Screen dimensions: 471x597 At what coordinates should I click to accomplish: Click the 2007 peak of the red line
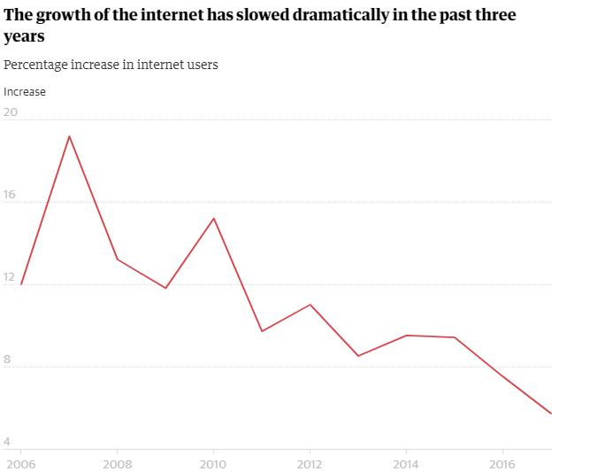(69, 136)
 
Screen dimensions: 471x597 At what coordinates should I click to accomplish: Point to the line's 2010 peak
(213, 218)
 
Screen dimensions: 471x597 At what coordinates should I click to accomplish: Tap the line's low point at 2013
(357, 356)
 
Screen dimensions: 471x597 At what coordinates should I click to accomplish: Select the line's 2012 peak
(310, 305)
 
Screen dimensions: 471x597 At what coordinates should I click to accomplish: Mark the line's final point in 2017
(551, 413)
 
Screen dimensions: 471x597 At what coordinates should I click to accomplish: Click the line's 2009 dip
(165, 288)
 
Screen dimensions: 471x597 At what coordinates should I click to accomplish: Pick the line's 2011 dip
(262, 331)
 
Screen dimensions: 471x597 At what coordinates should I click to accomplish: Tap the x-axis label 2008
(117, 463)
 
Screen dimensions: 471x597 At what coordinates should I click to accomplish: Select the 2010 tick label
(213, 463)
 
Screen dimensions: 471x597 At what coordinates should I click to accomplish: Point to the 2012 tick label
(310, 463)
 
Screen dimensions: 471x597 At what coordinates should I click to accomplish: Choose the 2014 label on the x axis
(406, 463)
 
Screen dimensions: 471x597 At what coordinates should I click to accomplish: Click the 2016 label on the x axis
(502, 463)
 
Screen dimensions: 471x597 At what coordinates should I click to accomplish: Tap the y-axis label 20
(11, 112)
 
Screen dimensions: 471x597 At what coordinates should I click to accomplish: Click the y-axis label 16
(11, 195)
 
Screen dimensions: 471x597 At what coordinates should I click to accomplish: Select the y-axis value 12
(11, 277)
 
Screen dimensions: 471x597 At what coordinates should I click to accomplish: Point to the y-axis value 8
(8, 359)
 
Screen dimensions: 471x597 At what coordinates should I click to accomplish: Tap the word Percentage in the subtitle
(34, 65)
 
